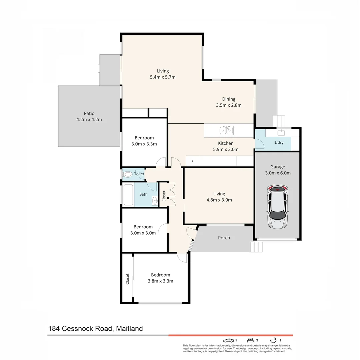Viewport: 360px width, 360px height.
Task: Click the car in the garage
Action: click(x=277, y=207)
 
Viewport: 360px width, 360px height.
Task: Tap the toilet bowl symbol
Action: click(x=128, y=174)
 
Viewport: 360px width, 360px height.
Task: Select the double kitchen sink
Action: click(x=226, y=130)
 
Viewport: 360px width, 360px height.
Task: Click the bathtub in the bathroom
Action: click(x=128, y=195)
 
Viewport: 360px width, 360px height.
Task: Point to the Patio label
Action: click(x=89, y=113)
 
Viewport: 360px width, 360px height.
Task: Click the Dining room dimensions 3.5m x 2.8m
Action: click(x=229, y=105)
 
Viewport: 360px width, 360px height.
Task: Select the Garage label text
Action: click(x=278, y=167)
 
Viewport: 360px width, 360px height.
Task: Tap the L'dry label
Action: click(x=279, y=142)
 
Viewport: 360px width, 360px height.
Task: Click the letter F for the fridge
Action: click(x=192, y=162)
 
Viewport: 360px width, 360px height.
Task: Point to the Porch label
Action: click(x=224, y=238)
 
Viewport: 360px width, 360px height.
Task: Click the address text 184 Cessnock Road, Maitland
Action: click(x=95, y=329)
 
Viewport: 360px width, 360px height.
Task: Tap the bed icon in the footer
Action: click(x=250, y=340)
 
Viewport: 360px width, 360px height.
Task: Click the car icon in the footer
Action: click(x=228, y=340)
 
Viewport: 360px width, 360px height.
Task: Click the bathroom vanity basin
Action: click(x=155, y=201)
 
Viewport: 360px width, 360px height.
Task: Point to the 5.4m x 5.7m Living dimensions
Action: click(x=163, y=77)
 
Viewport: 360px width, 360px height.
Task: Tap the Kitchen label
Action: click(x=226, y=143)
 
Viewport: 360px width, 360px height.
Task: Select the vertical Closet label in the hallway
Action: click(x=164, y=196)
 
